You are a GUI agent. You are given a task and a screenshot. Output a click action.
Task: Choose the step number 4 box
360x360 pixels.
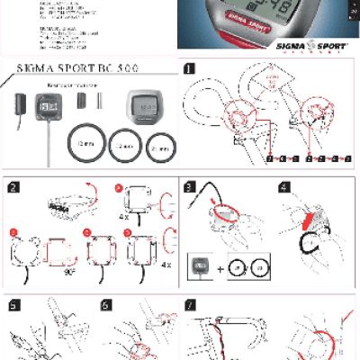[x=284, y=187]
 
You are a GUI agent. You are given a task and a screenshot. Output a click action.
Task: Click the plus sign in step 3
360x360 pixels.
[x=220, y=269]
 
